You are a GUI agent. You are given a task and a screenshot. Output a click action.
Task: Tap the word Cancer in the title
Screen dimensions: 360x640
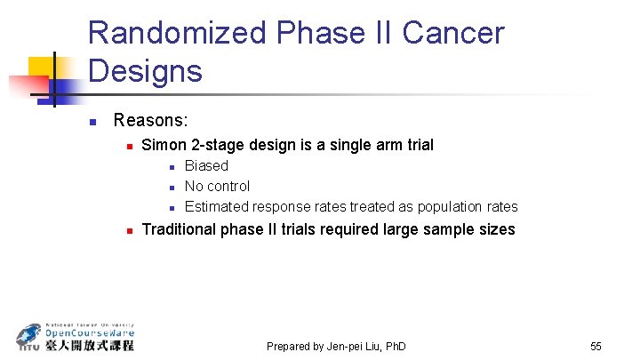pyautogui.click(x=453, y=34)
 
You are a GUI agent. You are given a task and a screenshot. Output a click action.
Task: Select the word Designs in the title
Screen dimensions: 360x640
pyautogui.click(x=145, y=70)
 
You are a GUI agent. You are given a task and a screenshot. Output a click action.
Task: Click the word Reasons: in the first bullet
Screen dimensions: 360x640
pyautogui.click(x=150, y=120)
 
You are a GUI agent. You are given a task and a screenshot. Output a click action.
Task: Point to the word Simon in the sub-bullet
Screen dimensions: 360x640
pyautogui.click(x=164, y=144)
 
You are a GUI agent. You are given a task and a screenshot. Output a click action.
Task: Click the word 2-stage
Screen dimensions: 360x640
pyautogui.click(x=217, y=144)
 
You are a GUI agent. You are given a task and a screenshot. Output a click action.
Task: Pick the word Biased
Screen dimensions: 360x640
pyautogui.click(x=206, y=165)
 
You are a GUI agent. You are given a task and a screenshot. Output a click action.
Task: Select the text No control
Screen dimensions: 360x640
pyautogui.click(x=217, y=186)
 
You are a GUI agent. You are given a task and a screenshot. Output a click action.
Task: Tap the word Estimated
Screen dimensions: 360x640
pyautogui.click(x=217, y=207)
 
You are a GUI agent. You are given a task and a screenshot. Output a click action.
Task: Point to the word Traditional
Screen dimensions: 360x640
pyautogui.click(x=178, y=229)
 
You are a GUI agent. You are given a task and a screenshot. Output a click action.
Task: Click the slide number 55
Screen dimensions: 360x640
pyautogui.click(x=596, y=346)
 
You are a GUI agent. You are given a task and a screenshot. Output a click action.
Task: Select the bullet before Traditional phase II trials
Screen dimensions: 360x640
pyautogui.click(x=129, y=230)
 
